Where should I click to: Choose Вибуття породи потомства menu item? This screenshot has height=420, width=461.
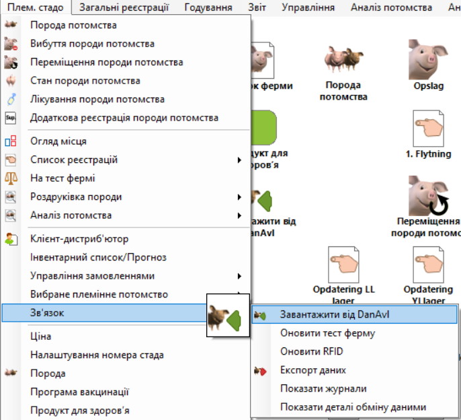tap(92, 44)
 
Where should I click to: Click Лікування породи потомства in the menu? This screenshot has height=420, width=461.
tap(97, 100)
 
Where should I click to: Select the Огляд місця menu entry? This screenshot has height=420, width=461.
tap(58, 141)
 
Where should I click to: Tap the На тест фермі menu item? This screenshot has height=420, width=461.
tap(62, 178)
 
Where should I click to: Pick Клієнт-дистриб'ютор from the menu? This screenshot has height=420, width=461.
tap(79, 239)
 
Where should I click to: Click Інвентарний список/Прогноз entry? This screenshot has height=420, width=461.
tap(98, 257)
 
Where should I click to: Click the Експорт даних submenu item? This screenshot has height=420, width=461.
tap(313, 370)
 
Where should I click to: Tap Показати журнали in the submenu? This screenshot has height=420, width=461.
tap(323, 388)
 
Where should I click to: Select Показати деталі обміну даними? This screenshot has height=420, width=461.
tap(353, 407)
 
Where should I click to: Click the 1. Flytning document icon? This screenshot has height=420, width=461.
tap(429, 128)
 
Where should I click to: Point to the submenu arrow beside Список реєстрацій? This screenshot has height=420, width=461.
tap(239, 160)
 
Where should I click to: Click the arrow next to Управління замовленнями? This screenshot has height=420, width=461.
tap(239, 276)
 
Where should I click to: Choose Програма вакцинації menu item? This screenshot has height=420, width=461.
tap(79, 392)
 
